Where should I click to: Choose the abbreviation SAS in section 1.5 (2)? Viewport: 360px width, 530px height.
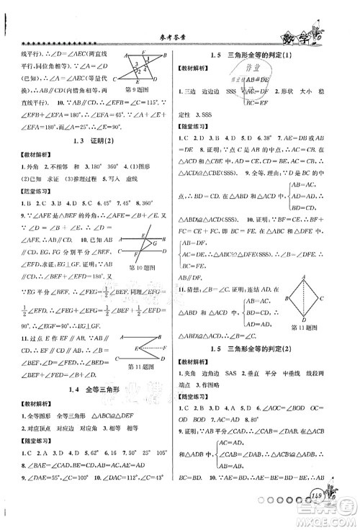tap(257, 354)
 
